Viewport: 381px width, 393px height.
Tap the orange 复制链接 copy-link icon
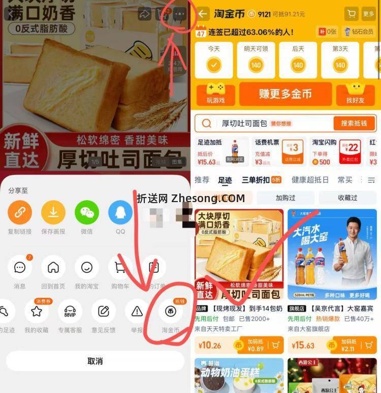(x=20, y=212)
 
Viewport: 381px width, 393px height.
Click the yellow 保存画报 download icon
(x=53, y=212)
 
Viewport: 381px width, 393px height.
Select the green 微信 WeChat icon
(x=87, y=212)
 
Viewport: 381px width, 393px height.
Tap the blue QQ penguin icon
(x=120, y=212)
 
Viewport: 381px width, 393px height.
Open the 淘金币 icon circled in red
(x=171, y=312)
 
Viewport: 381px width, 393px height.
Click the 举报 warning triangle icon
(x=137, y=312)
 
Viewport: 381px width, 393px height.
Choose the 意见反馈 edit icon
(x=104, y=312)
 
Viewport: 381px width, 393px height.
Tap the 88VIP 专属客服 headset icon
(x=70, y=312)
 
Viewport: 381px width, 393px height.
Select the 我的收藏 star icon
(x=37, y=312)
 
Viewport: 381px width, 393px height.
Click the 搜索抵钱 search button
(x=355, y=124)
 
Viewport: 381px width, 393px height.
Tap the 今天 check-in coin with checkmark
(x=214, y=65)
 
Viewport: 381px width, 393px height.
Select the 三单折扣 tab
(x=256, y=180)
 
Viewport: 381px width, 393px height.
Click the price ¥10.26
(x=210, y=346)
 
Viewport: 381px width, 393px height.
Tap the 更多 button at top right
(x=369, y=14)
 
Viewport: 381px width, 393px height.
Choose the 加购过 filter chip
(x=285, y=198)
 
